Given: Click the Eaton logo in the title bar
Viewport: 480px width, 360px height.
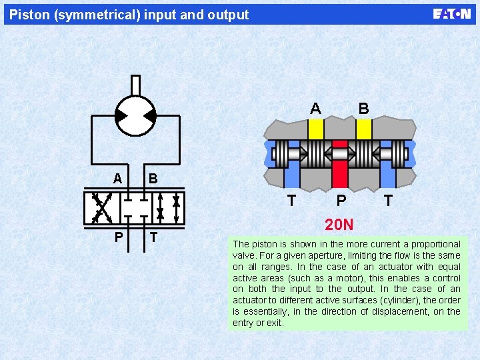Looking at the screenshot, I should (452, 14).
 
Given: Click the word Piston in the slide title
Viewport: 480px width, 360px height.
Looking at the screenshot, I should (31, 15).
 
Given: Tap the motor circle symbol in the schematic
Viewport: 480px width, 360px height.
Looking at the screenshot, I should (135, 116).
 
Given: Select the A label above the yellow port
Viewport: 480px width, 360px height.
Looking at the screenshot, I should (315, 108).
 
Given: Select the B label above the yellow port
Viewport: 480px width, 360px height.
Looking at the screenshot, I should (363, 108).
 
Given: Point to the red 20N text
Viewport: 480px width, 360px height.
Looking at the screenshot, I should (339, 225).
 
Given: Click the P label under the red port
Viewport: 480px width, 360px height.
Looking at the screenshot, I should (341, 200).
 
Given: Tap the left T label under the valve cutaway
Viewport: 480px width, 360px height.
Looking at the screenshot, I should (291, 200).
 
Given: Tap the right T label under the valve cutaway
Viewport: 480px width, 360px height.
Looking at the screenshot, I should (388, 200).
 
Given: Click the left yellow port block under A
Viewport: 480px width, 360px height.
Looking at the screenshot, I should (316, 129).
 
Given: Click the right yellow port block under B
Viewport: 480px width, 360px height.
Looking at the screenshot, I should (363, 129).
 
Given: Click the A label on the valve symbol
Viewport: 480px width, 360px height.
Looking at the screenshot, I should (117, 179).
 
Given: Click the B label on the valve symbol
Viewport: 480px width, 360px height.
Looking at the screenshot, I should (153, 179).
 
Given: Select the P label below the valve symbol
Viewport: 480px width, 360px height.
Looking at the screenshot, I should (118, 237).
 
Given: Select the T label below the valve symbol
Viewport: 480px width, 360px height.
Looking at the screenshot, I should (153, 237).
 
